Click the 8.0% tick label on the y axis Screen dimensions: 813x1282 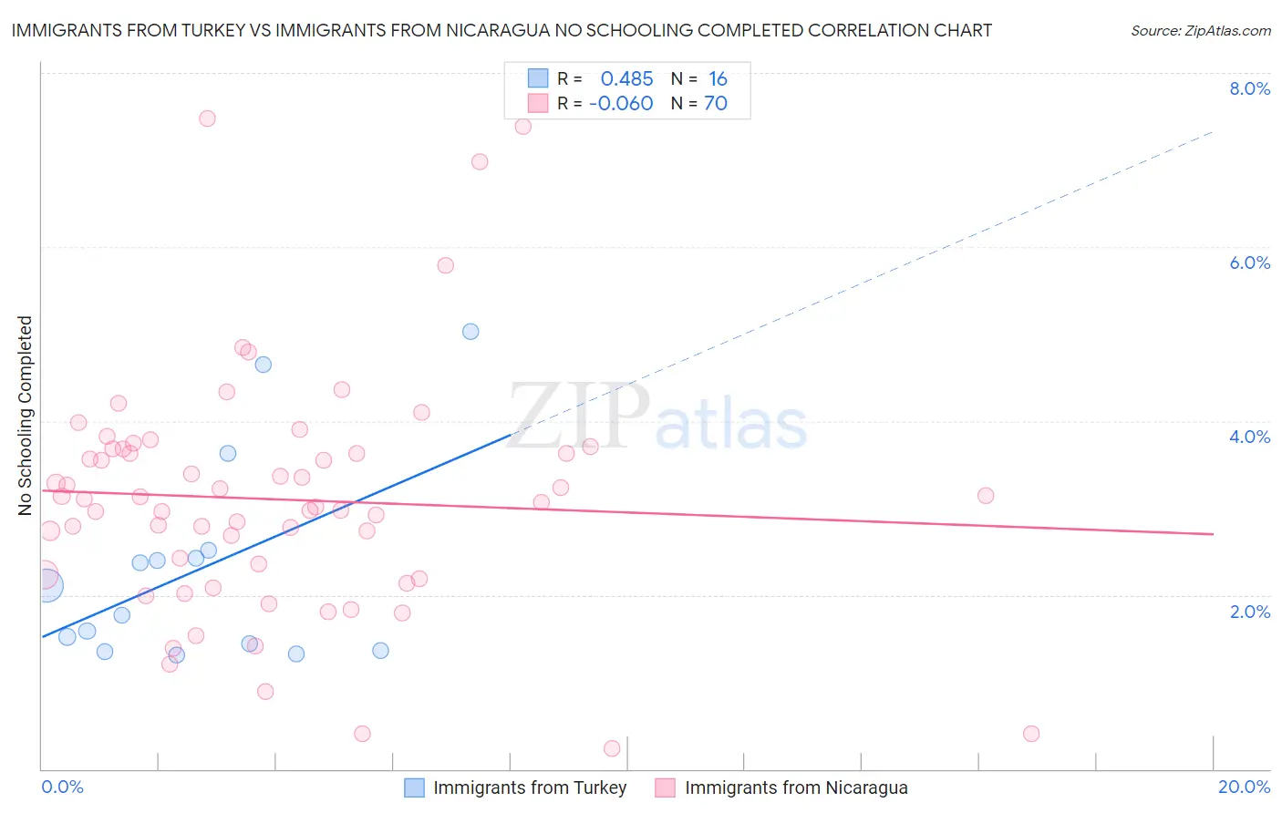click(1249, 88)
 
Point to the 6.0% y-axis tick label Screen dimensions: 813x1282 click(1249, 262)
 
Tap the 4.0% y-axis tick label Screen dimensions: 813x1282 click(1249, 437)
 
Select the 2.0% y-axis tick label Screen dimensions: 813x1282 click(1249, 612)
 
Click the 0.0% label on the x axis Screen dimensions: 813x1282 click(62, 787)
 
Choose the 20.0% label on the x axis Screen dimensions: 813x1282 click(1244, 787)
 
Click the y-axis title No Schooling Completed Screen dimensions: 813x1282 click(26, 416)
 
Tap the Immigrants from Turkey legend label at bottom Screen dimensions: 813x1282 click(530, 787)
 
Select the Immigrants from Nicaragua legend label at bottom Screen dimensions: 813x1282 click(796, 787)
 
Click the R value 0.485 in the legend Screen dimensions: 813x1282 click(626, 79)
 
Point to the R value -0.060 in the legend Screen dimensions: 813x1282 click(621, 104)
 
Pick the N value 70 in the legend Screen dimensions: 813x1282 click(716, 104)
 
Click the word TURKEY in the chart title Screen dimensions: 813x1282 click(206, 30)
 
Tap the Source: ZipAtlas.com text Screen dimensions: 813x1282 click(1200, 30)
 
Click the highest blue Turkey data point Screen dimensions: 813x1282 click(470, 332)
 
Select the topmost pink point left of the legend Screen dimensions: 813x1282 click(207, 118)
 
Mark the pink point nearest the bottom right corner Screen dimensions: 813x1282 click(1031, 734)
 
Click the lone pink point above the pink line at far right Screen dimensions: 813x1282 click(986, 496)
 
